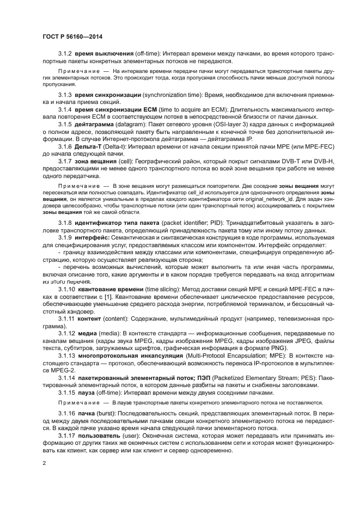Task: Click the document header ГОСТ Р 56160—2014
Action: pos(72,36)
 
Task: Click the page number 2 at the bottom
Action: pos(44,462)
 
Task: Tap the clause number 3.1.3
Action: pos(65,95)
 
